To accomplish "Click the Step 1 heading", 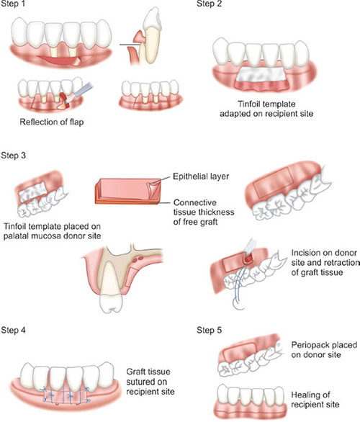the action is pyautogui.click(x=13, y=4).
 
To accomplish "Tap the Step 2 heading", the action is pyautogui.click(x=210, y=4).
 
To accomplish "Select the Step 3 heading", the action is pyautogui.click(x=14, y=156).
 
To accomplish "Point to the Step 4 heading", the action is pyautogui.click(x=14, y=331).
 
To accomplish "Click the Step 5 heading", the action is pyautogui.click(x=210, y=331).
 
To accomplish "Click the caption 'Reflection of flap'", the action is pyautogui.click(x=52, y=122).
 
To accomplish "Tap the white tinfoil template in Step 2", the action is pyautogui.click(x=261, y=74).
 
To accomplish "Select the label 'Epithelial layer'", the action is pyautogui.click(x=201, y=176).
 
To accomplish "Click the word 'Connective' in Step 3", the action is pyautogui.click(x=195, y=202).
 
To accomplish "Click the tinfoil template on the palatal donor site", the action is pyautogui.click(x=32, y=192).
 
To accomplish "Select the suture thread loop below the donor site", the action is pyautogui.click(x=239, y=305).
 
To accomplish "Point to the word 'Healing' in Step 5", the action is pyautogui.click(x=310, y=395).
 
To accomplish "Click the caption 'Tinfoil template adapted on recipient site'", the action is pyautogui.click(x=266, y=109).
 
